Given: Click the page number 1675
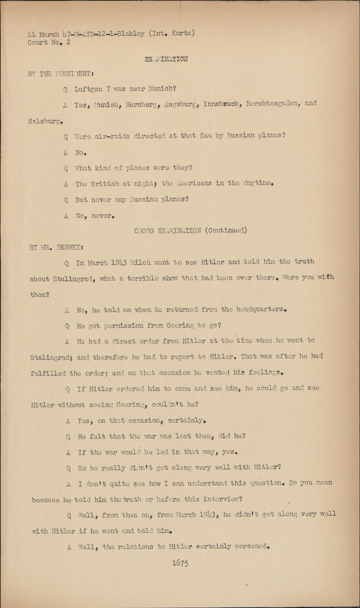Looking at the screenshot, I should (x=180, y=563).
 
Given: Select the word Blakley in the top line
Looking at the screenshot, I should (x=131, y=33).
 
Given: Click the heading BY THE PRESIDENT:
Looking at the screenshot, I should (x=61, y=74).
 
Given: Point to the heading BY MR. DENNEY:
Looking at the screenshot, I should (x=57, y=247).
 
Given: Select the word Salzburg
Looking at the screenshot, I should (x=45, y=122).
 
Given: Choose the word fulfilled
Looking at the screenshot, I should (x=48, y=373).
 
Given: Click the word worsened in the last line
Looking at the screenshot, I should (x=252, y=546).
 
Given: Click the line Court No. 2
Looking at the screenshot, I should (x=49, y=43).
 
